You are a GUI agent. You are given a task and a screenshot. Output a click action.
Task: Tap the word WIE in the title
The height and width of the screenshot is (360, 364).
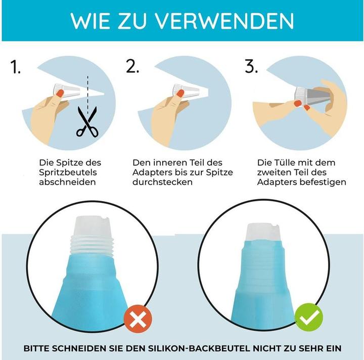(90, 21)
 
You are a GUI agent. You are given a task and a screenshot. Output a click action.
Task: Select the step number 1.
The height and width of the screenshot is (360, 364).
(15, 67)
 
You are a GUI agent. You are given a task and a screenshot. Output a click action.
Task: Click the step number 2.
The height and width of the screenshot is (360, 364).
(132, 66)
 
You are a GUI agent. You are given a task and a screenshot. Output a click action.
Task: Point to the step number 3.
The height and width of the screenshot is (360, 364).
(251, 66)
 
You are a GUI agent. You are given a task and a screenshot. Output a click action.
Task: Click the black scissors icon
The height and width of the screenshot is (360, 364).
(87, 122)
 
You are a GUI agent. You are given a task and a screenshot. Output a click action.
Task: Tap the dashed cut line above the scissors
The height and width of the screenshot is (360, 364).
(87, 95)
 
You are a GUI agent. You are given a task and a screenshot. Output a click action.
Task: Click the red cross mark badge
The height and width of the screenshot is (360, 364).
(138, 319)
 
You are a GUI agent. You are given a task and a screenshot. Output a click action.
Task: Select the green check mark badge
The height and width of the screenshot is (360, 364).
(309, 318)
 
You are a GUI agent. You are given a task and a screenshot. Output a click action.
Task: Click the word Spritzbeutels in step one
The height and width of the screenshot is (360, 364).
(68, 172)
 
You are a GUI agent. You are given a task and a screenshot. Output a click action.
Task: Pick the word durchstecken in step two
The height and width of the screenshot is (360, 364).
(162, 182)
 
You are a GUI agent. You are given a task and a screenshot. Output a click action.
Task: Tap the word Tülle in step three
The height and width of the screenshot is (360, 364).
(283, 162)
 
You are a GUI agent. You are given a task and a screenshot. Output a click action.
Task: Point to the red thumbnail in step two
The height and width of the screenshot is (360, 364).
(180, 94)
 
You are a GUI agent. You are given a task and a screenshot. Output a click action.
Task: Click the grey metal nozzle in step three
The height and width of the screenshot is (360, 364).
(320, 95)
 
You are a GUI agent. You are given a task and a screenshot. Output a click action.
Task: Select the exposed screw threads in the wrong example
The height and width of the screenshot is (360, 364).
(92, 246)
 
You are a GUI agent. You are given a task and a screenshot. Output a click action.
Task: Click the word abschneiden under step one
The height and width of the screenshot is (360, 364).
(67, 182)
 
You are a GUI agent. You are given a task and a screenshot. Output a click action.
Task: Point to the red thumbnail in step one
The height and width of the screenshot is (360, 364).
(60, 94)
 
